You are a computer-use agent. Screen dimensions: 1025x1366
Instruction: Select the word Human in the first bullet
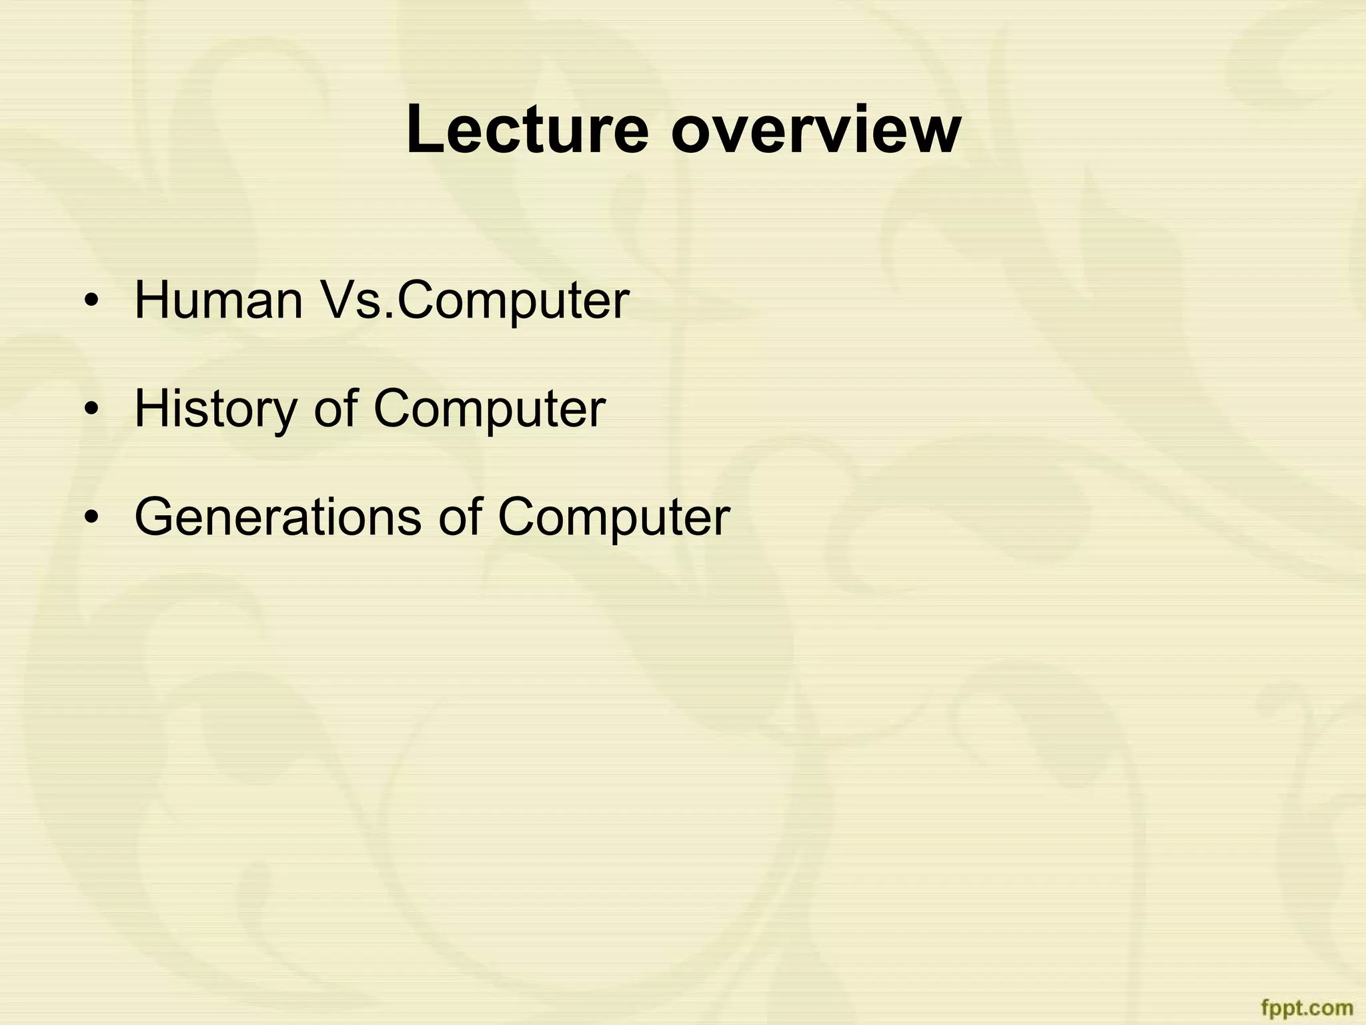[x=219, y=300]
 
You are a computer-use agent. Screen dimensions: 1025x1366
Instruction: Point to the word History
[x=215, y=408]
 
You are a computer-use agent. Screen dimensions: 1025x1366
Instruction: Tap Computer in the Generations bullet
[x=614, y=517]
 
